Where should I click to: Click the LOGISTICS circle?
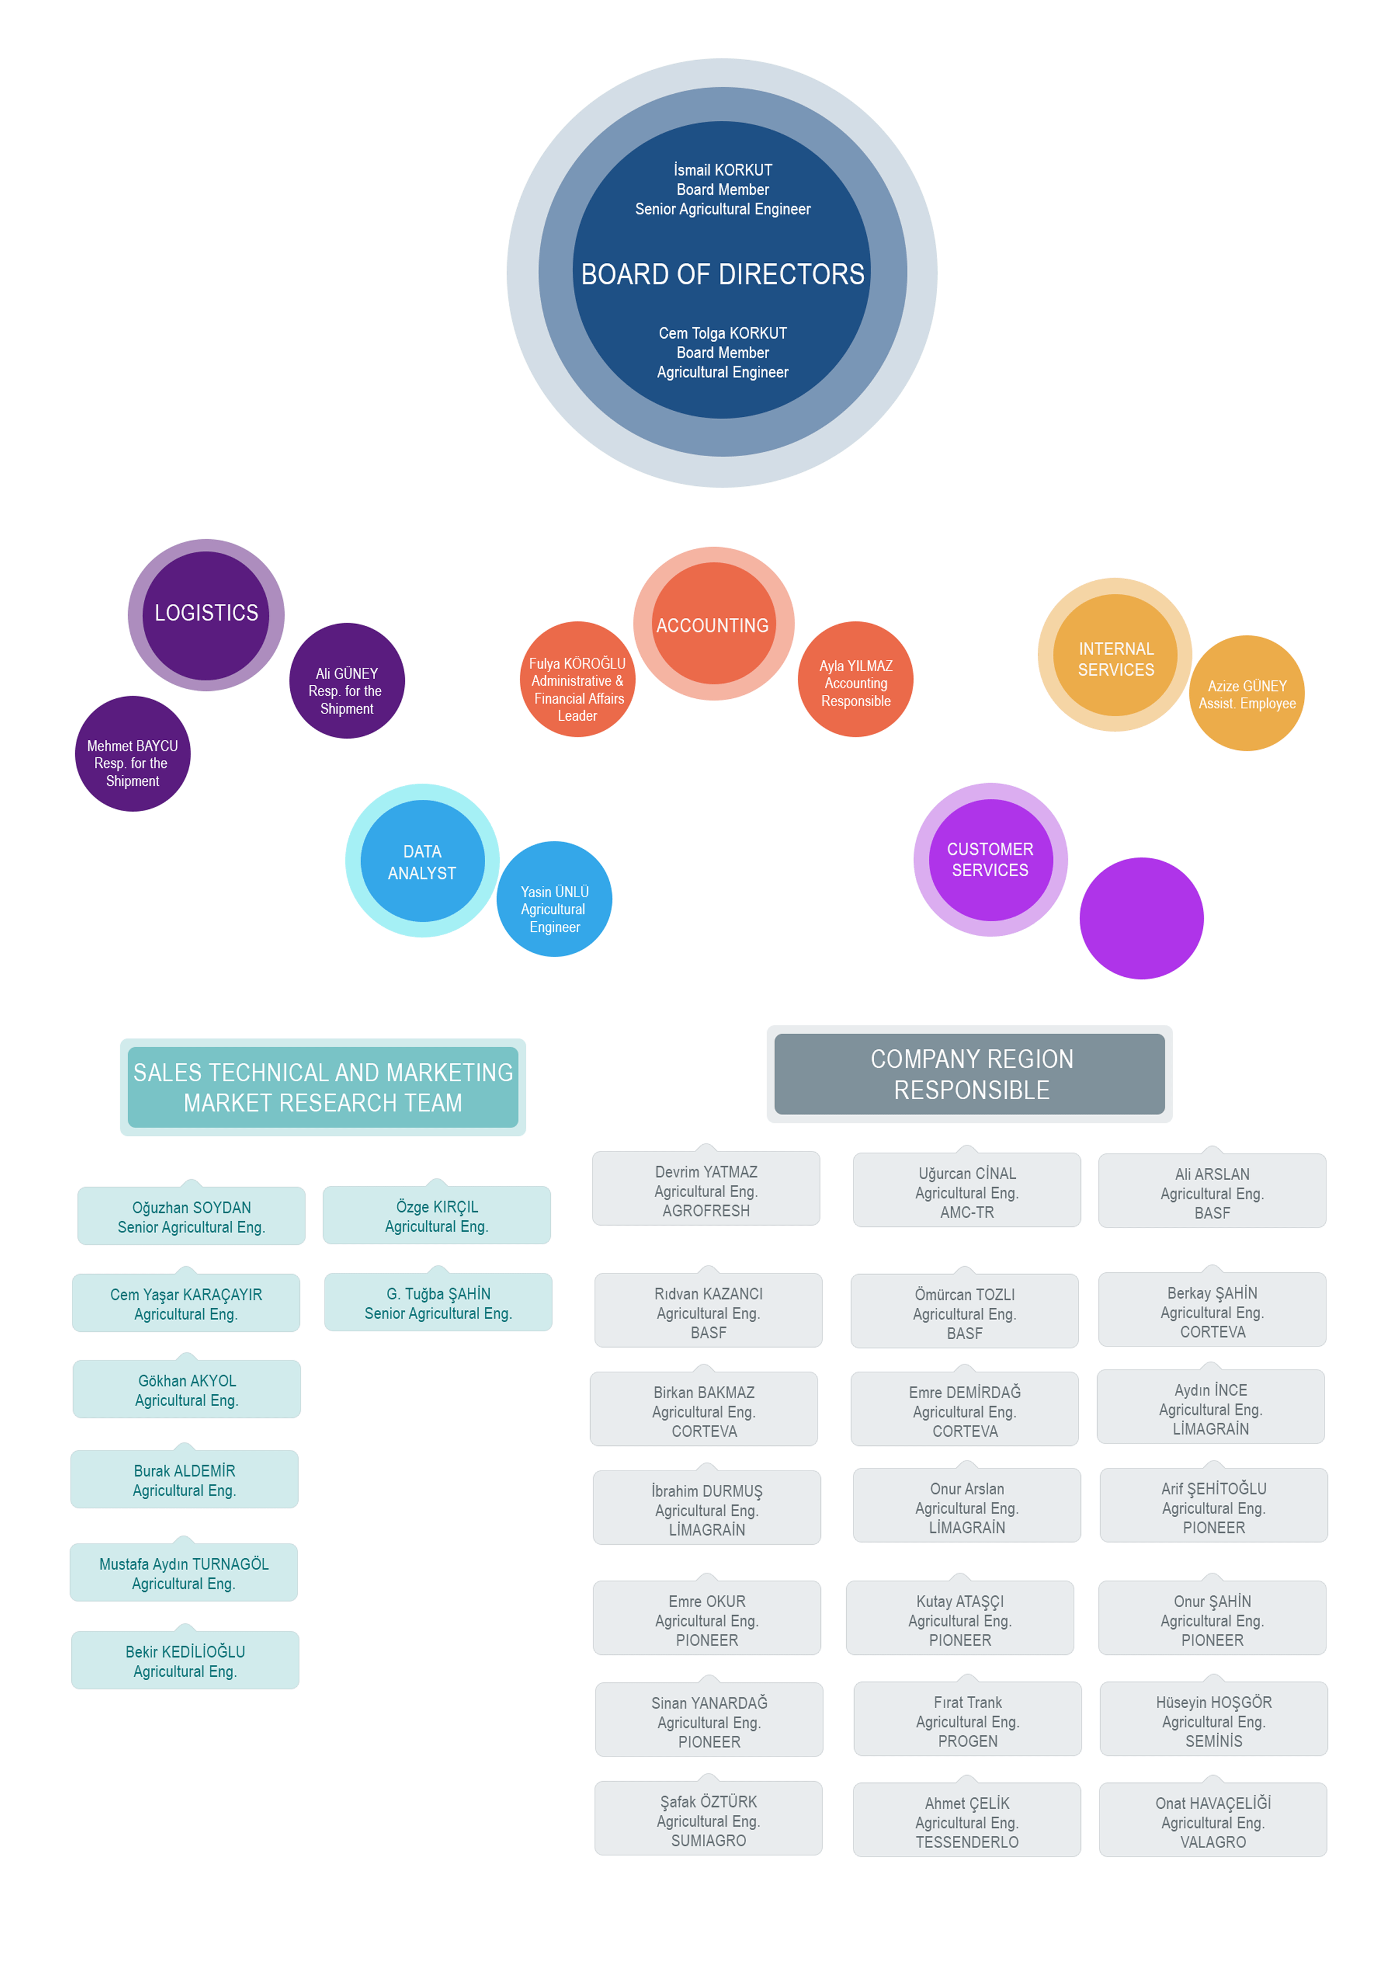pyautogui.click(x=206, y=615)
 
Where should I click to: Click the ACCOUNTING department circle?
pyautogui.click(x=714, y=624)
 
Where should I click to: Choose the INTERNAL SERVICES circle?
pyautogui.click(x=1115, y=654)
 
